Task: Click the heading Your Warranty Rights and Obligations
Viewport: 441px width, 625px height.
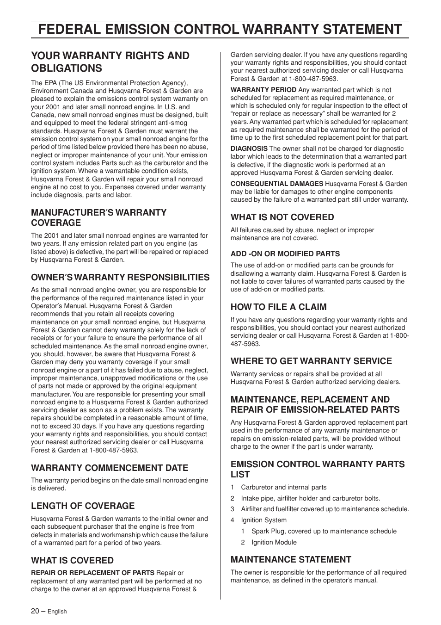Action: point(110,62)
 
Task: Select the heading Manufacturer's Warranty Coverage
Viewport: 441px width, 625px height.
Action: point(98,217)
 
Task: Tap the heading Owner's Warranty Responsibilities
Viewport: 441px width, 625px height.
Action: point(120,277)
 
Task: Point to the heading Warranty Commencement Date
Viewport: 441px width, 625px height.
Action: point(110,468)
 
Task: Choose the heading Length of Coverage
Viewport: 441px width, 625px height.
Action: point(83,506)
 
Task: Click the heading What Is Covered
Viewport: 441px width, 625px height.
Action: point(72,560)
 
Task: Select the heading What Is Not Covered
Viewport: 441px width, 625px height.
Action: point(282,217)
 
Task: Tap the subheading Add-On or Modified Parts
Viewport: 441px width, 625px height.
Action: point(285,254)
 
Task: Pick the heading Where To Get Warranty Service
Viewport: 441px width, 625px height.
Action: point(311,361)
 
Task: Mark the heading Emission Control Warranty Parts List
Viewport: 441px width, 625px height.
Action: point(318,469)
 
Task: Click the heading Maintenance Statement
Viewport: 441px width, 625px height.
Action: point(291,559)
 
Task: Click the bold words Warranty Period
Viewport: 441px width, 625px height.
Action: point(263,90)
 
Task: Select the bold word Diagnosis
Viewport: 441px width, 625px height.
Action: point(249,149)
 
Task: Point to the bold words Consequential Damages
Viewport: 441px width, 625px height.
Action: point(277,184)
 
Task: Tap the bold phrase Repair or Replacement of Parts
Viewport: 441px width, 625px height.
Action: point(92,573)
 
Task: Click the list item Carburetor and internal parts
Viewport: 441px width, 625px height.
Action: point(284,487)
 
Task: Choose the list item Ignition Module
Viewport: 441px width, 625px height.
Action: point(274,542)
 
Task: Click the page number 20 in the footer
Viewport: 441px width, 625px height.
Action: point(35,611)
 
